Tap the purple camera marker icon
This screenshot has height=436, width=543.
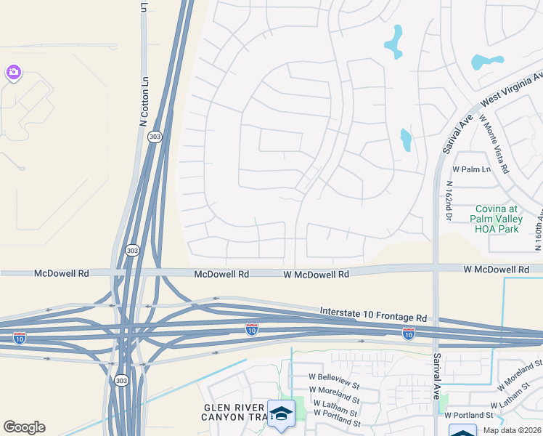click(x=12, y=72)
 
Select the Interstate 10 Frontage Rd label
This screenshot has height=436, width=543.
click(x=373, y=315)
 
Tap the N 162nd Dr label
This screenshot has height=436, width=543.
click(x=449, y=201)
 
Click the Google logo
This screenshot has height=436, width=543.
click(x=24, y=427)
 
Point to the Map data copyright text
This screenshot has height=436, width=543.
click(x=513, y=430)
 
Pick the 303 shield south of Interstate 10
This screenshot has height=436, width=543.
click(x=121, y=380)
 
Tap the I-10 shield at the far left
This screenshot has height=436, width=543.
click(x=20, y=338)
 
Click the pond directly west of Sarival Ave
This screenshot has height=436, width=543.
click(x=405, y=140)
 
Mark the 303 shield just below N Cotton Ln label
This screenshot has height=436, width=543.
click(x=154, y=137)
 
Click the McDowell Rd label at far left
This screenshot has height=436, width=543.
click(x=62, y=273)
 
